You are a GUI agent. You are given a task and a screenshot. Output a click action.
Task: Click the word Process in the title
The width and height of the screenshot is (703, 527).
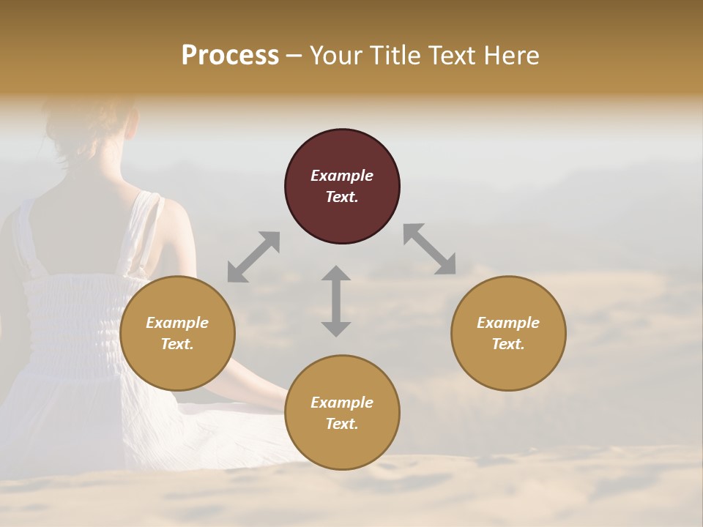coord(230,56)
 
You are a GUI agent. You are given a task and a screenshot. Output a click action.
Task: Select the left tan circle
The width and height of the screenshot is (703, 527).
coord(177,333)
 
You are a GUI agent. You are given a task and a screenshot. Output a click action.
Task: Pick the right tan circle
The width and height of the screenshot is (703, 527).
coord(508,333)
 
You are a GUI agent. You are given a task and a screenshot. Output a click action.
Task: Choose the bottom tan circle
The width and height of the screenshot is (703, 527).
coord(342,413)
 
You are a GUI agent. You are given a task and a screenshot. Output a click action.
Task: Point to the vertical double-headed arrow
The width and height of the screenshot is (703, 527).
coord(336,301)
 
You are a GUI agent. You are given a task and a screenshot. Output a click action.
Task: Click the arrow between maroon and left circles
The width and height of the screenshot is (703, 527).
coord(253,257)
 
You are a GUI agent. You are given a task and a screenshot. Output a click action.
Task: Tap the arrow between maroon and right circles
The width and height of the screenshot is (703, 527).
coord(430,249)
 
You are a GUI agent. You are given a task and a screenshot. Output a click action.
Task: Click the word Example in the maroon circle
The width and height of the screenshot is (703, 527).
coord(342,176)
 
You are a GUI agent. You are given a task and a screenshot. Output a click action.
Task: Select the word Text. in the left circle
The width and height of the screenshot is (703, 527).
coord(177,344)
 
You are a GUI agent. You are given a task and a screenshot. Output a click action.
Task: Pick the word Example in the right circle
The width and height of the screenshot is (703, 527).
coord(508,323)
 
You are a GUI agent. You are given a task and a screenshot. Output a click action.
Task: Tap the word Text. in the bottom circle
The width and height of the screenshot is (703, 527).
coord(342,424)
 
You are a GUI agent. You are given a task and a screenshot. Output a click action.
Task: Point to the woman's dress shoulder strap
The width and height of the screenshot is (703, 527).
coord(149,227)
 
